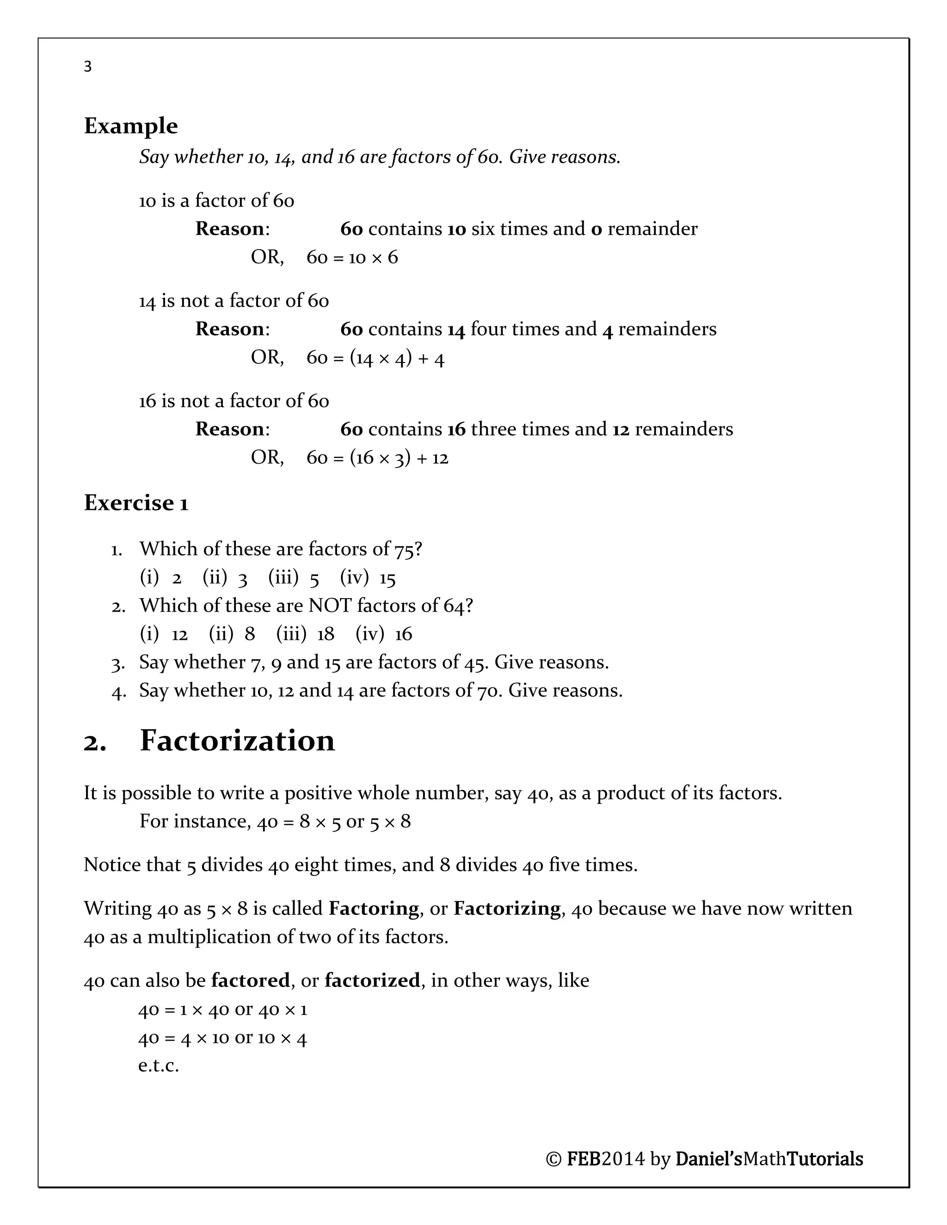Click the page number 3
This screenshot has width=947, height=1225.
[87, 67]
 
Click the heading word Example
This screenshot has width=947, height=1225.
[131, 126]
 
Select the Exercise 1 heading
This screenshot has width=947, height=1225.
[136, 503]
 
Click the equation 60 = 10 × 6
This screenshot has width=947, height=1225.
[352, 257]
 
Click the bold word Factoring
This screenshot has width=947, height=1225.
[374, 908]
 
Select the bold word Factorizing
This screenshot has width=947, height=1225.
[507, 908]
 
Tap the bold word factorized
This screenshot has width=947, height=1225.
[372, 980]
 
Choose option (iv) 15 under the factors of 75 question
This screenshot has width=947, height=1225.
[368, 578]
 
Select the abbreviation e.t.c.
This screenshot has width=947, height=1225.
[158, 1065]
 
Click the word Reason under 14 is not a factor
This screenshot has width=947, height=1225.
[229, 329]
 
